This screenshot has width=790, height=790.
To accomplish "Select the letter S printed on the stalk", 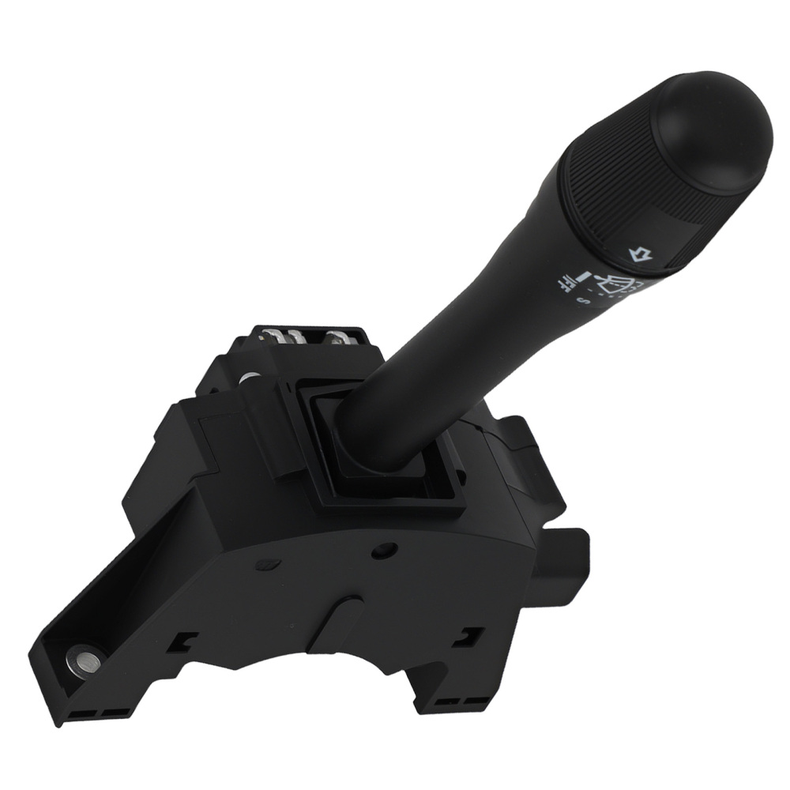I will tap(582, 303).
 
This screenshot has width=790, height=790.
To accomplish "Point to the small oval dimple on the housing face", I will tap(269, 563).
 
